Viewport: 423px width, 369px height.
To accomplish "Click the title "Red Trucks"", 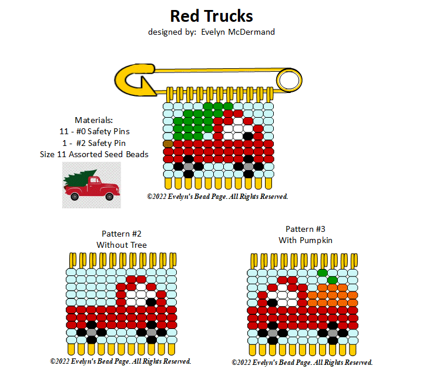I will [211, 15].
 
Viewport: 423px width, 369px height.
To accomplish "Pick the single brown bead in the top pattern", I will [168, 143].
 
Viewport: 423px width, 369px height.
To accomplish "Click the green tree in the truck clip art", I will [80, 177].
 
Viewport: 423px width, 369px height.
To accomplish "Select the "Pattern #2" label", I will [122, 234].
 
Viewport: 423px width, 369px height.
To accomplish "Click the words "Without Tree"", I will [122, 244].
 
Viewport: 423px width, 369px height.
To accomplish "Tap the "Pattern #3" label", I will [305, 229].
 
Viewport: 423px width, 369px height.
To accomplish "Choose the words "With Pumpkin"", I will [305, 240].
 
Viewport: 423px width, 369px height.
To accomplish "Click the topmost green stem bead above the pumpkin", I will [323, 272].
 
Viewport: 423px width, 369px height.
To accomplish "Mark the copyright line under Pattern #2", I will [120, 361].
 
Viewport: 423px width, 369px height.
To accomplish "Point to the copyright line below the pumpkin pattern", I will [302, 362].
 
